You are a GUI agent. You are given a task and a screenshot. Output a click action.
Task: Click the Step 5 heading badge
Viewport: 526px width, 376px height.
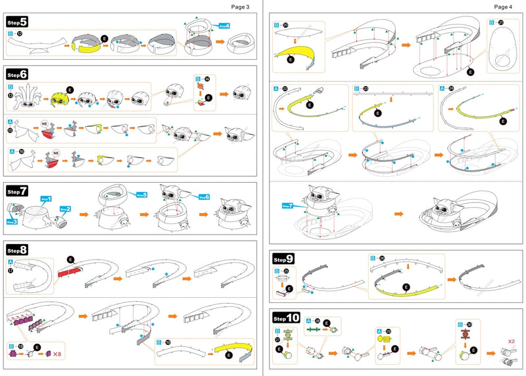(17, 22)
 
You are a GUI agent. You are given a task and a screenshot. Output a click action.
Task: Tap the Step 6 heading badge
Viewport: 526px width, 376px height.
(17, 74)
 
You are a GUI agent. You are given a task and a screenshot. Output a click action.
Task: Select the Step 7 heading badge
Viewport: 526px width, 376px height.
(17, 191)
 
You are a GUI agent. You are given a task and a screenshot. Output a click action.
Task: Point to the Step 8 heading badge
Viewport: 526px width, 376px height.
(17, 250)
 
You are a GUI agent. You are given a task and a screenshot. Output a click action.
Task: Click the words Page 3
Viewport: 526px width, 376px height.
(240, 7)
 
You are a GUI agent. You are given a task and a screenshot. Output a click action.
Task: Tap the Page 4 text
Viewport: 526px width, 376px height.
(502, 7)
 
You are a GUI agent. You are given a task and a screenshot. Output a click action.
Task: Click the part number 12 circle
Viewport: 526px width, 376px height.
(20, 33)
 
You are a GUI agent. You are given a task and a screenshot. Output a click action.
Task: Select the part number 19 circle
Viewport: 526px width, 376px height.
(170, 342)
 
